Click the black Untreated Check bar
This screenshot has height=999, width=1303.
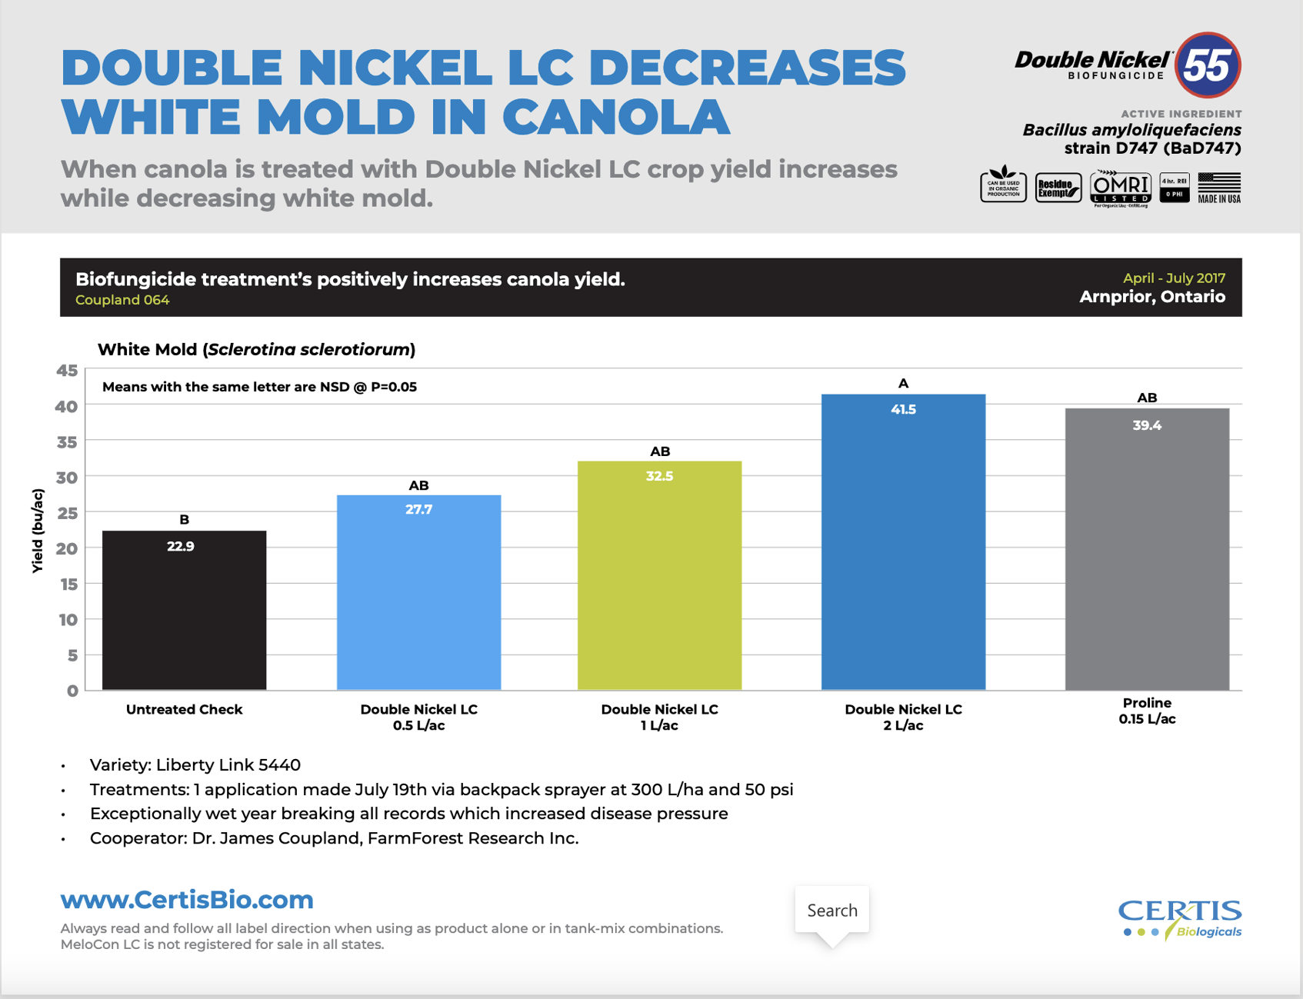[184, 615]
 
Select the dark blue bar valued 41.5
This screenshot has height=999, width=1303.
[902, 554]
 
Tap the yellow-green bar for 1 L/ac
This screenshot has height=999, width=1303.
[659, 584]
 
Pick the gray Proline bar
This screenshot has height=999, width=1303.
[1146, 561]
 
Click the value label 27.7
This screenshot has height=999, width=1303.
[418, 509]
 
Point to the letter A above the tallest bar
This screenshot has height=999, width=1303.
[903, 383]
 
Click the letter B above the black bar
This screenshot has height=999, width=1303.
[184, 519]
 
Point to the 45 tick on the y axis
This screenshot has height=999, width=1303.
[68, 371]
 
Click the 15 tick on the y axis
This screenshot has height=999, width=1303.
[68, 584]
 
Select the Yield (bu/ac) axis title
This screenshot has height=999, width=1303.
[38, 531]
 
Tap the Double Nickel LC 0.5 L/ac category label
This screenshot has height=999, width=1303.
[418, 717]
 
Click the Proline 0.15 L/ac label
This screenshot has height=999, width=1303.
[1146, 711]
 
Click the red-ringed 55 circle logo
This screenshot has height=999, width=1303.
[1208, 65]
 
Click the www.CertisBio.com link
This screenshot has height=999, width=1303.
[187, 899]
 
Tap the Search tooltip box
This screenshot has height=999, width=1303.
[831, 910]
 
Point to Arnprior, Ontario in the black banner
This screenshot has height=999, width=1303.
[1151, 297]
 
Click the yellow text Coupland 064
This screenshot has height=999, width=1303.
[122, 300]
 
